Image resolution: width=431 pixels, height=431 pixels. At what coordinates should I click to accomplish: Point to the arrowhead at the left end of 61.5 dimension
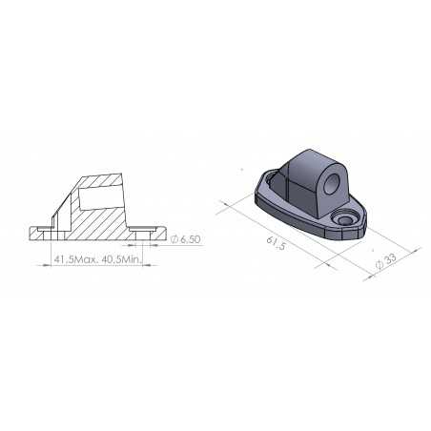point(222,201)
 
